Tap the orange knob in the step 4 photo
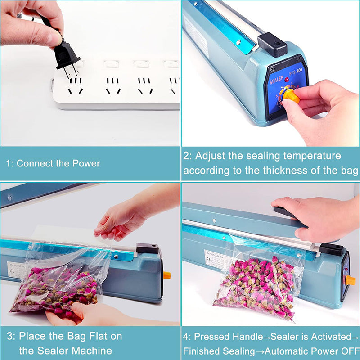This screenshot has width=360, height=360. pos(350,280)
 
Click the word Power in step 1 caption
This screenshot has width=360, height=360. pos(85,163)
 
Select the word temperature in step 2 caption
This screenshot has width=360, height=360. pos(310,156)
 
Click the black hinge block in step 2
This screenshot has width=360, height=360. pos(272,44)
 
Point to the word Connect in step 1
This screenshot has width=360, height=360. pos(32,163)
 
